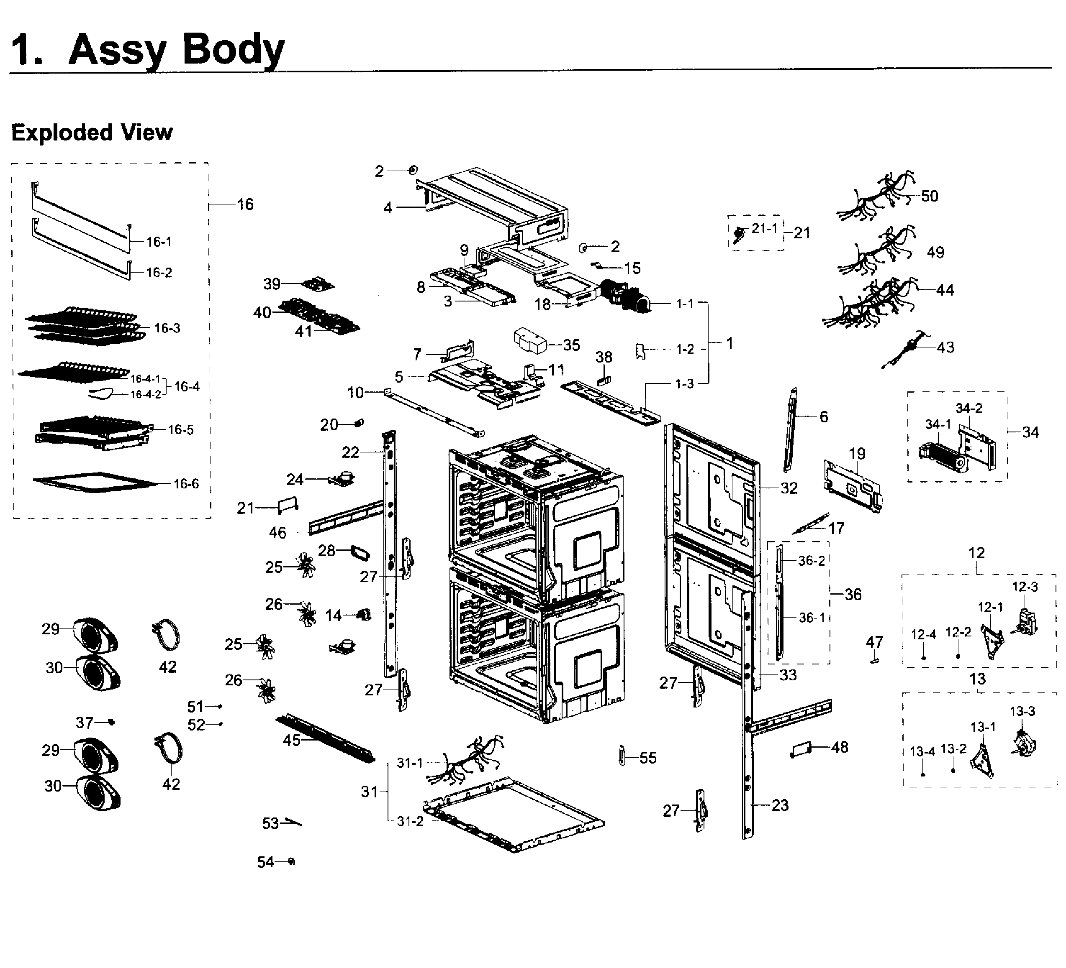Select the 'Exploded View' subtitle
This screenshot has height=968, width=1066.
(92, 132)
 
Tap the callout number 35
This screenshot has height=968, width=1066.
(571, 345)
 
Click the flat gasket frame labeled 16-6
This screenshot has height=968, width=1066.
(95, 482)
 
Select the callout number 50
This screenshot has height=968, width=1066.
(929, 196)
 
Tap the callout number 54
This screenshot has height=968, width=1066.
(265, 862)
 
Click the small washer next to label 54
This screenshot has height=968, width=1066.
(291, 862)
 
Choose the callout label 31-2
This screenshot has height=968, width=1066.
(410, 822)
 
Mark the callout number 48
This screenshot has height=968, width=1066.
(840, 747)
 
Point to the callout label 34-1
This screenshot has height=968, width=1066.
(938, 424)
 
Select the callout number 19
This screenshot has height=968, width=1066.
(857, 453)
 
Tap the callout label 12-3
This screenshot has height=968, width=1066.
(1024, 587)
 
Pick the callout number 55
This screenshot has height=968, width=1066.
(648, 758)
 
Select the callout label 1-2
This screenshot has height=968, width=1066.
(685, 349)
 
